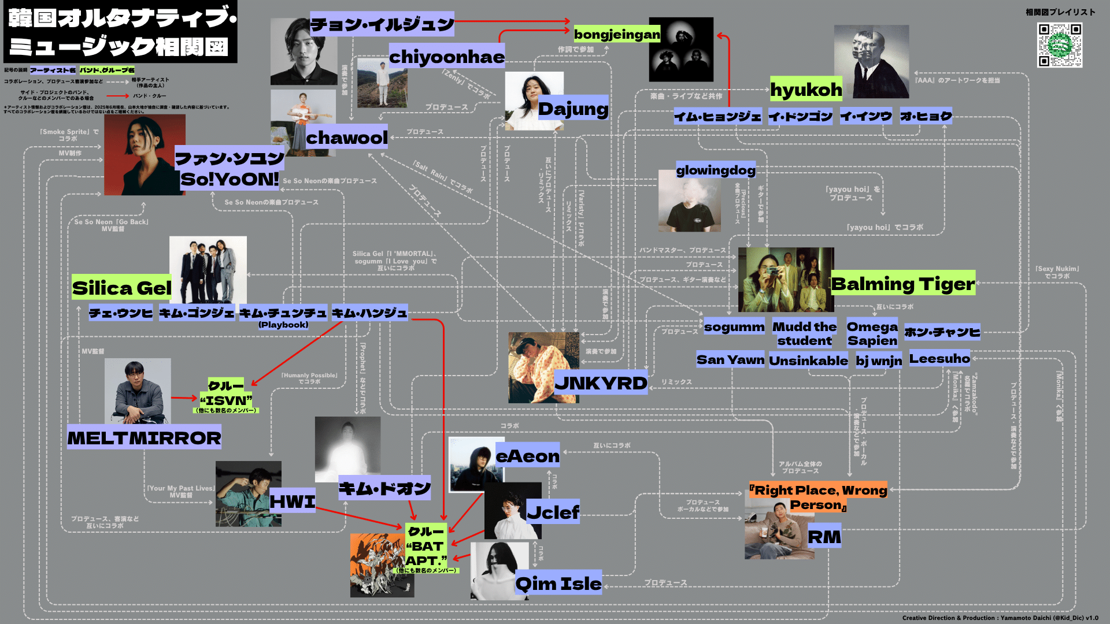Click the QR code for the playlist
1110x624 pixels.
(x=1060, y=45)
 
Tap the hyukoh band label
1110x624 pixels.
(x=806, y=90)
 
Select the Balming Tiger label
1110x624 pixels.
(x=902, y=283)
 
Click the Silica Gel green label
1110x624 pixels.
(x=121, y=287)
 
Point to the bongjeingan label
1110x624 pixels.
(x=617, y=35)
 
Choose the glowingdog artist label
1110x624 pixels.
(x=716, y=170)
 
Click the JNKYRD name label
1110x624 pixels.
(x=601, y=382)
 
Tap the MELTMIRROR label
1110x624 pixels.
(x=144, y=437)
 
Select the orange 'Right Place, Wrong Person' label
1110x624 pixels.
(x=818, y=497)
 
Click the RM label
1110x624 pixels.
(x=824, y=537)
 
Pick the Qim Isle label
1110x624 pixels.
(x=558, y=583)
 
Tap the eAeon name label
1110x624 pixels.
(x=528, y=456)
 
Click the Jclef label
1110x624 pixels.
(x=553, y=512)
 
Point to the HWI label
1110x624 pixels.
(x=293, y=501)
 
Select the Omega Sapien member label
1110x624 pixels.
(x=872, y=333)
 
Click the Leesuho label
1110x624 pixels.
(x=939, y=358)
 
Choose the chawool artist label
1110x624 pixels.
(x=346, y=137)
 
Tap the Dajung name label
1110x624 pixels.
(x=573, y=108)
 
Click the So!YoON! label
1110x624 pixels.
(x=230, y=179)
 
